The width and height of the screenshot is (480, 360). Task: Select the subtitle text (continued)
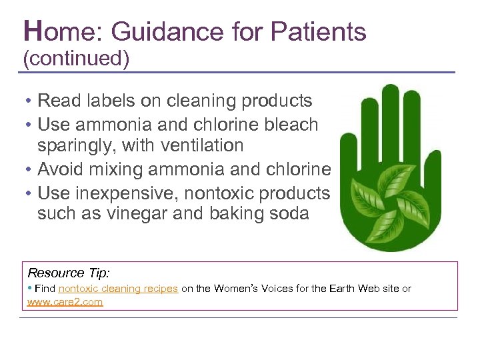click(x=76, y=59)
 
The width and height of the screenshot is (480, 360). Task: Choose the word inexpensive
click(x=119, y=193)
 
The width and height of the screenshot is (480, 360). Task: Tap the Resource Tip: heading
click(x=68, y=273)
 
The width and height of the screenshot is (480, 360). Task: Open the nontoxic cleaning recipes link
click(x=118, y=289)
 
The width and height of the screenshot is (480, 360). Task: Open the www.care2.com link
click(x=65, y=301)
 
